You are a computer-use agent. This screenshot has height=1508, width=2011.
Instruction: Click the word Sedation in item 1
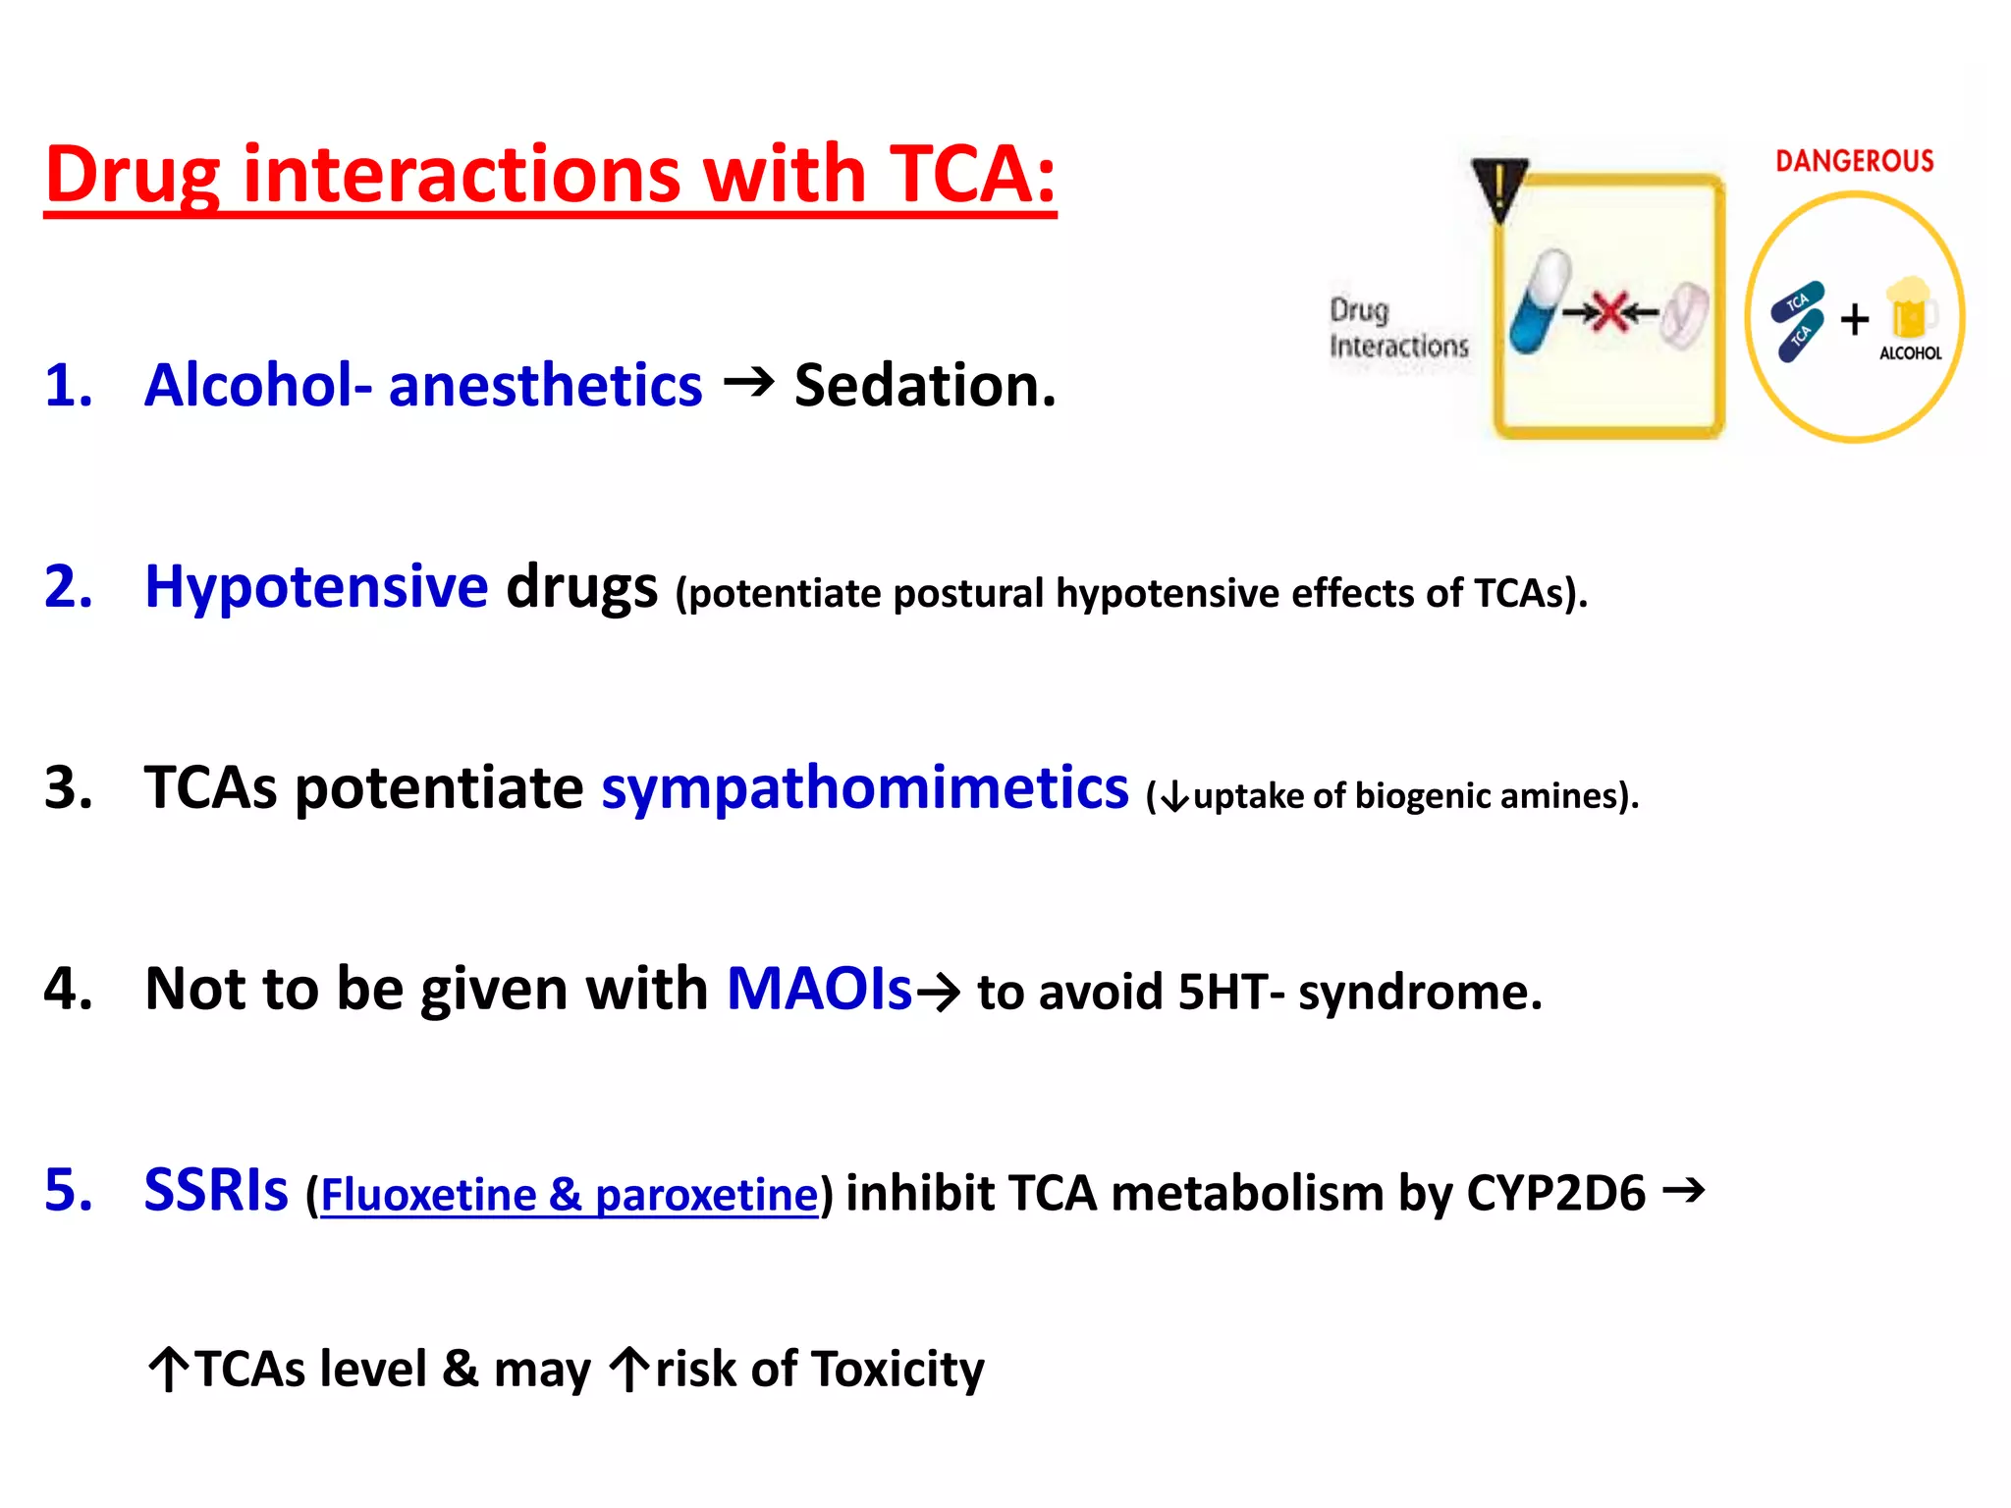click(924, 385)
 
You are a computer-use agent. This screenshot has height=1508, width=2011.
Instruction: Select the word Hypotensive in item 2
click(316, 587)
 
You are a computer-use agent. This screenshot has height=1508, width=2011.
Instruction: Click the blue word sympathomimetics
click(864, 787)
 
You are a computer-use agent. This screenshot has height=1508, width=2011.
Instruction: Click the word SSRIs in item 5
click(216, 1190)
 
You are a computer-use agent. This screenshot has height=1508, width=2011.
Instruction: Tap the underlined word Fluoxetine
click(429, 1195)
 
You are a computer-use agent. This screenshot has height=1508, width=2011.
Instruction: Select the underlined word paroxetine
click(706, 1195)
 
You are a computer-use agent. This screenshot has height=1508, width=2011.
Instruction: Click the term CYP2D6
click(1555, 1193)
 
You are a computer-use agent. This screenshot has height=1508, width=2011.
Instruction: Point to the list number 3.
click(69, 787)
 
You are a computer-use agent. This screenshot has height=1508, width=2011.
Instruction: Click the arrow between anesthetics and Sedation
click(748, 382)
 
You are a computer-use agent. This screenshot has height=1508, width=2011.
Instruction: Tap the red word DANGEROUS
click(1854, 161)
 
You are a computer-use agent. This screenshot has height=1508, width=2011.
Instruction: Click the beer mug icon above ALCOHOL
click(1910, 308)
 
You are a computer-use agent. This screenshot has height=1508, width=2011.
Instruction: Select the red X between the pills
click(1610, 313)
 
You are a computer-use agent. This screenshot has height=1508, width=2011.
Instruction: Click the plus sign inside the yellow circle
click(1854, 319)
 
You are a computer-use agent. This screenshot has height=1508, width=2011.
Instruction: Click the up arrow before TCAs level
click(168, 1370)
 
